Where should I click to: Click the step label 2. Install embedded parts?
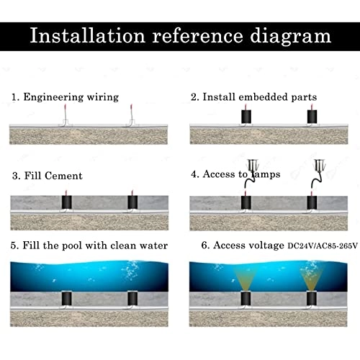[253, 96]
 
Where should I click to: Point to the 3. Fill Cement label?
[48, 175]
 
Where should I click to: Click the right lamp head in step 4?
[318, 166]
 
